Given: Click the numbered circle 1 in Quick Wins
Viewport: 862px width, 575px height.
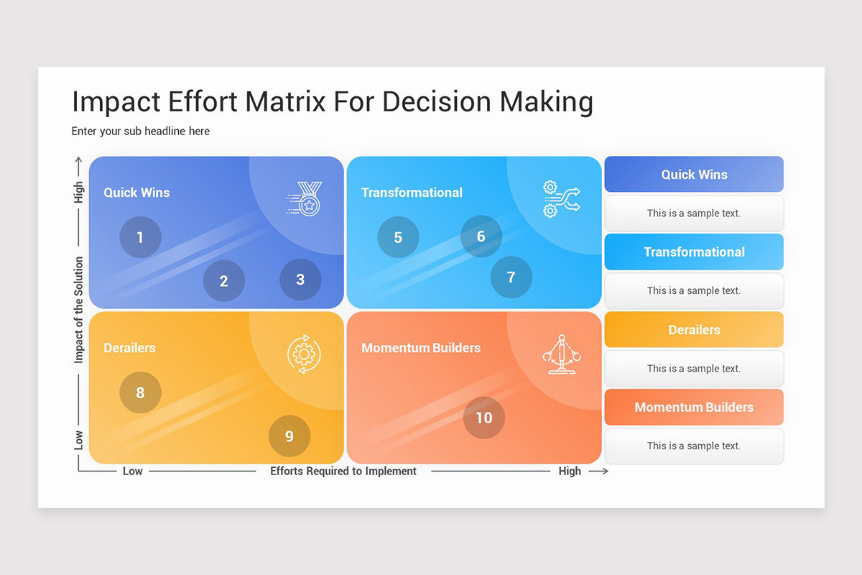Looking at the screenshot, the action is pos(141,237).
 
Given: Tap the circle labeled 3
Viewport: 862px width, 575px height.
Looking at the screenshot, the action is pos(300,280).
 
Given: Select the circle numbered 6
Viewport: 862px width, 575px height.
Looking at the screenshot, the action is pos(481,236).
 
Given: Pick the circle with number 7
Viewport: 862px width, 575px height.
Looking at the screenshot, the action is pos(511,277).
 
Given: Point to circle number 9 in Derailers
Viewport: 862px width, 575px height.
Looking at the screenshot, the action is pos(289,436).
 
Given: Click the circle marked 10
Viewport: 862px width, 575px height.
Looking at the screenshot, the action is pos(484,418).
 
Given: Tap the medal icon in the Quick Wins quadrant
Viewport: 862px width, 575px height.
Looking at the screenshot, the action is pos(305,198).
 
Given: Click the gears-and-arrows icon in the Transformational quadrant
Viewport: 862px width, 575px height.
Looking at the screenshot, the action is pos(562,198).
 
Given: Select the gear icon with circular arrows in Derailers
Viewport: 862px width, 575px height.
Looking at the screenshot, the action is pos(304,354).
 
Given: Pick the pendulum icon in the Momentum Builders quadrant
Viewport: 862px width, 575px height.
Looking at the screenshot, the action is pos(562,354).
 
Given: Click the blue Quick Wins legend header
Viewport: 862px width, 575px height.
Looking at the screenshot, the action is pos(694,174).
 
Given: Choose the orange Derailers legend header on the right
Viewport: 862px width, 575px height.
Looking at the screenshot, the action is pos(694,330).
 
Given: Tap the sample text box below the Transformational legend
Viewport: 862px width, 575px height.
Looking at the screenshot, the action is pos(694,291).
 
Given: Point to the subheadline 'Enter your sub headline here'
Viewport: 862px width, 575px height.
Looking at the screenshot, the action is pos(141,132).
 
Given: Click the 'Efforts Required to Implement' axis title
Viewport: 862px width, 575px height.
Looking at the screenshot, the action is pos(343,471).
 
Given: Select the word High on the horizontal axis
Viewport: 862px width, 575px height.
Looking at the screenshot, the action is pos(570,471).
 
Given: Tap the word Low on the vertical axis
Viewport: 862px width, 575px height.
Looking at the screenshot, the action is pos(78,440).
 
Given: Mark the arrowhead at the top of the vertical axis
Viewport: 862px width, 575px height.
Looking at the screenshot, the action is pos(78,157).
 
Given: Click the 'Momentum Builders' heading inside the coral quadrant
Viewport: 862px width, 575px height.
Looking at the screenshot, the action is pos(421,348).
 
